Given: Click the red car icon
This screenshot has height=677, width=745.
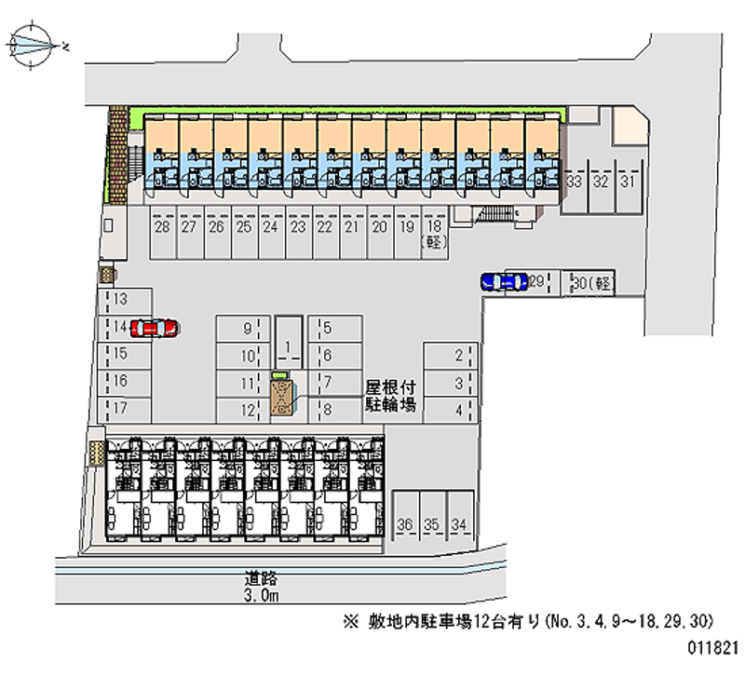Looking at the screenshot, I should point(155,328).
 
